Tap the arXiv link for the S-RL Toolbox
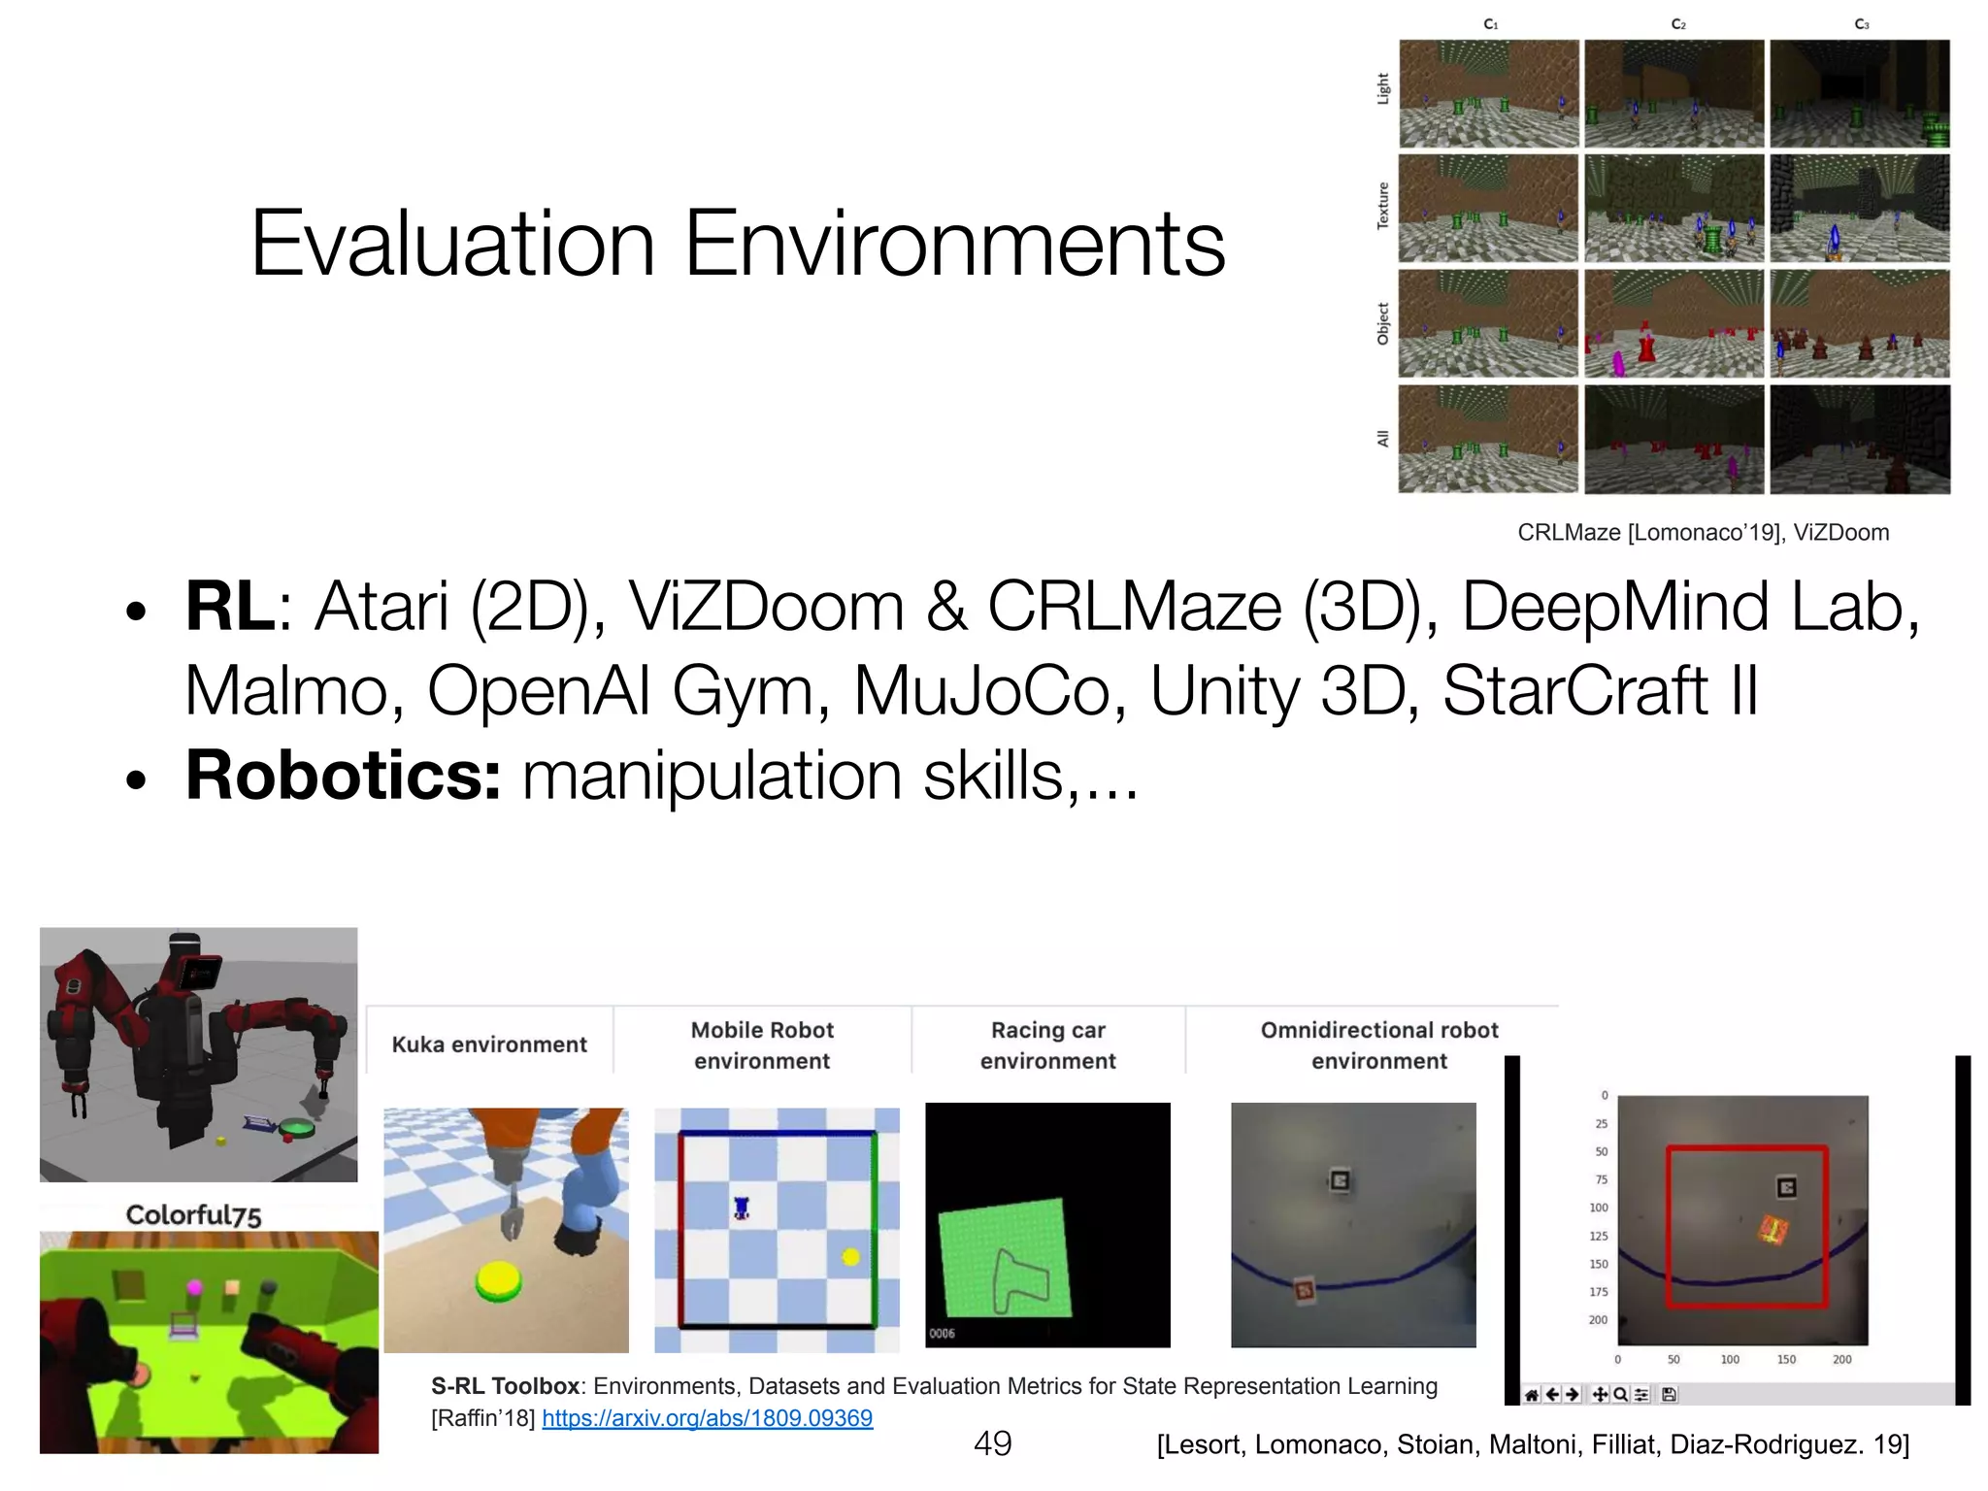click(x=707, y=1418)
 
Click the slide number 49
click(x=992, y=1443)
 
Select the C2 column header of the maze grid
click(x=1678, y=24)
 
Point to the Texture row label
click(x=1383, y=206)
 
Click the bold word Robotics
click(x=343, y=776)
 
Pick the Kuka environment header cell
click(x=489, y=1044)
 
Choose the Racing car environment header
click(x=1047, y=1045)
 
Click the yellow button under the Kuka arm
click(x=499, y=1280)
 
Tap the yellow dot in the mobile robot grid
click(x=850, y=1257)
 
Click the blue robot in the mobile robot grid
click(x=742, y=1208)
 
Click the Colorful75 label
click(x=193, y=1214)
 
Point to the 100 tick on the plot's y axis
click(x=1598, y=1208)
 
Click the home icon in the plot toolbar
click(x=1531, y=1395)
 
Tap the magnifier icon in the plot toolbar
click(x=1620, y=1395)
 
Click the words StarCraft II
click(x=1600, y=691)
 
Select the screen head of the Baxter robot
click(x=201, y=972)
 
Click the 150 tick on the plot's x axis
click(x=1786, y=1360)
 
